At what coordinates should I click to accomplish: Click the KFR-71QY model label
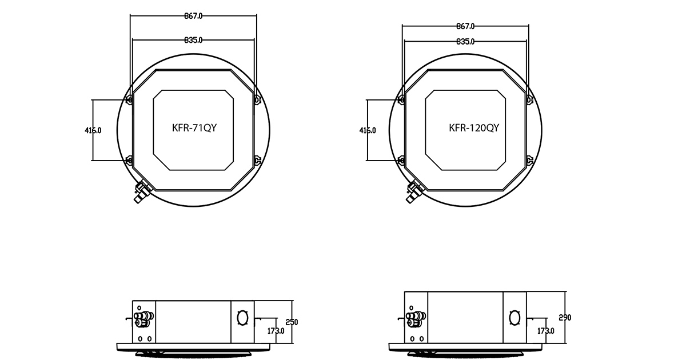[x=194, y=128]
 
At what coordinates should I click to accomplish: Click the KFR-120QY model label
[x=474, y=128]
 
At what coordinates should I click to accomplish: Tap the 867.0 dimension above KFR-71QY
[x=193, y=16]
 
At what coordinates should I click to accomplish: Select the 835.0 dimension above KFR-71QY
[x=193, y=40]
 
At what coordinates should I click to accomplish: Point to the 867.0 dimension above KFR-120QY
[x=465, y=26]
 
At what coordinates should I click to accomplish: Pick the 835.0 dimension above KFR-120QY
[x=465, y=41]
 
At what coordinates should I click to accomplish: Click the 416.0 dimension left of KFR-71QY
[x=93, y=130]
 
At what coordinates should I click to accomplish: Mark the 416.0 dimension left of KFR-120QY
[x=368, y=130]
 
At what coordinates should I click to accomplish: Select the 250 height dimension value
[x=292, y=322]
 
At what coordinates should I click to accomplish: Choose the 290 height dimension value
[x=565, y=318]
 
